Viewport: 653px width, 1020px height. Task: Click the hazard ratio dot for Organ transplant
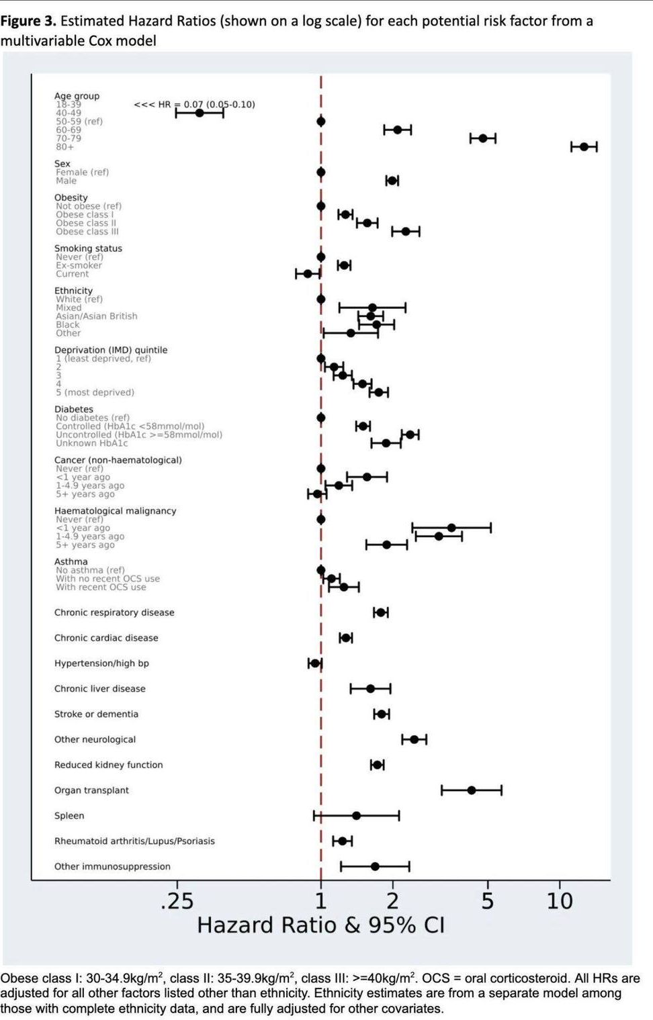pyautogui.click(x=472, y=790)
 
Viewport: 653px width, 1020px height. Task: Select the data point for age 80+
pyautogui.click(x=584, y=146)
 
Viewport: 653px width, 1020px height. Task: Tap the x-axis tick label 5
pyautogui.click(x=488, y=900)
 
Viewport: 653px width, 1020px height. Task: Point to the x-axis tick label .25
pyautogui.click(x=177, y=900)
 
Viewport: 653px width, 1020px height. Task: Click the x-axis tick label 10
pyautogui.click(x=560, y=900)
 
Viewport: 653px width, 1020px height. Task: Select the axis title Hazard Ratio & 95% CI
pyautogui.click(x=320, y=925)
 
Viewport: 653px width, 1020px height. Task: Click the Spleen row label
pyautogui.click(x=69, y=816)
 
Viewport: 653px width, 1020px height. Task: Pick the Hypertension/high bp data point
pyautogui.click(x=315, y=663)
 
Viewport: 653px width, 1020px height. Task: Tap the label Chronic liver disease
pyautogui.click(x=99, y=689)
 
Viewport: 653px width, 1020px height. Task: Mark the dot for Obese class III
pyautogui.click(x=406, y=231)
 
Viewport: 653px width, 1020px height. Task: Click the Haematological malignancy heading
pyautogui.click(x=115, y=511)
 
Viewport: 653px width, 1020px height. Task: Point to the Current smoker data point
pyautogui.click(x=308, y=273)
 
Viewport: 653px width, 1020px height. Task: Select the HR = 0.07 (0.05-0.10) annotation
pyautogui.click(x=195, y=104)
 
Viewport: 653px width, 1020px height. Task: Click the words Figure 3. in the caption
pyautogui.click(x=28, y=21)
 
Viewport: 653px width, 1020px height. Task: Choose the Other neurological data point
pyautogui.click(x=415, y=739)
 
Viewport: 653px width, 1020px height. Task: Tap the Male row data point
pyautogui.click(x=392, y=180)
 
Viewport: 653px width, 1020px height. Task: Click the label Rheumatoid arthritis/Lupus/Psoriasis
pyautogui.click(x=134, y=841)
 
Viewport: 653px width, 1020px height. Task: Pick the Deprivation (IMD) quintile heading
pyautogui.click(x=111, y=350)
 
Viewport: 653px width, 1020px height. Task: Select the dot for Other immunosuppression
pyautogui.click(x=375, y=866)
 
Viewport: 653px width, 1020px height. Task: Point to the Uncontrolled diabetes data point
pyautogui.click(x=410, y=434)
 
